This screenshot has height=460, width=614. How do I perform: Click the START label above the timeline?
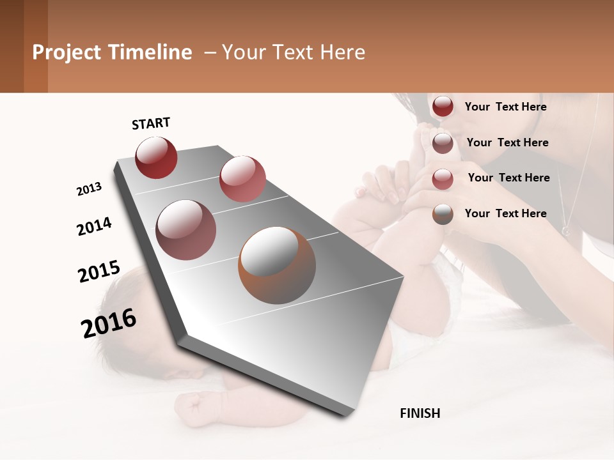click(151, 123)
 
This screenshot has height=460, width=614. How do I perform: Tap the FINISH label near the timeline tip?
click(420, 413)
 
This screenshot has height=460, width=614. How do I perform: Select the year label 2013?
click(89, 189)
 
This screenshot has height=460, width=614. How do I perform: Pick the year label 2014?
click(94, 226)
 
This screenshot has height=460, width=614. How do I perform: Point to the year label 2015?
click(98, 271)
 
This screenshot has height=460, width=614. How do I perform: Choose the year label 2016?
click(109, 323)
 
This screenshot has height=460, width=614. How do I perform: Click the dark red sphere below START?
click(156, 157)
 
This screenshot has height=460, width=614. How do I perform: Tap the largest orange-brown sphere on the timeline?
click(277, 265)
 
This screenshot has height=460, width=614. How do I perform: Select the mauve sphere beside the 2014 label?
click(186, 229)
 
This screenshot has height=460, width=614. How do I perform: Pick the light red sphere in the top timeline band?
click(242, 179)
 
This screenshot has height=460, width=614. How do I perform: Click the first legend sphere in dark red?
click(443, 107)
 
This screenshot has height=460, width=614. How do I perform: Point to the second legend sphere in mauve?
click(443, 143)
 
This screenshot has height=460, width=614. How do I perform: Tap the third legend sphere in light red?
click(443, 179)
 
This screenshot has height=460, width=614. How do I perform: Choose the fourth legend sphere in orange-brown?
click(443, 214)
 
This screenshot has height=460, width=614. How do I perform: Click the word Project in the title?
click(67, 52)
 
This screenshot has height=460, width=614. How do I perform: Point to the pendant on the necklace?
click(565, 229)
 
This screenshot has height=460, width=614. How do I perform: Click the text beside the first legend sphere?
click(505, 107)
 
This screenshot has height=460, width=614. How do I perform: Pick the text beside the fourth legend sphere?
click(505, 213)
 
